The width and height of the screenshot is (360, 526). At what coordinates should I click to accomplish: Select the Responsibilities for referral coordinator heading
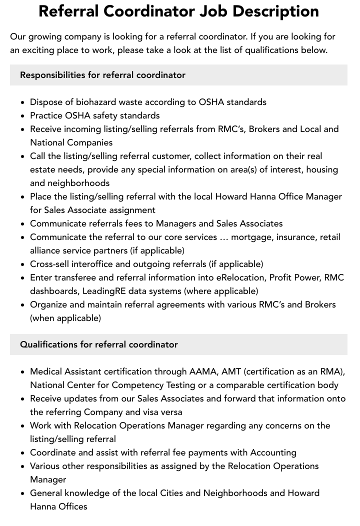tap(102, 75)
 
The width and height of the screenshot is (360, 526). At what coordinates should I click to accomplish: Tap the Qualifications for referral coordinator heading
tap(99, 344)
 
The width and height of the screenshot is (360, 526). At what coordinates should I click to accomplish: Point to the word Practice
tap(46, 115)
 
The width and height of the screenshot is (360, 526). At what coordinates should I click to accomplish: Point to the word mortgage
tap(252, 237)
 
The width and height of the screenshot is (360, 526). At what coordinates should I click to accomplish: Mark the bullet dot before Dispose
tap(23, 102)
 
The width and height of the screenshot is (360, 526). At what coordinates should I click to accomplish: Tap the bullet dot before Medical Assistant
tap(23, 372)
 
